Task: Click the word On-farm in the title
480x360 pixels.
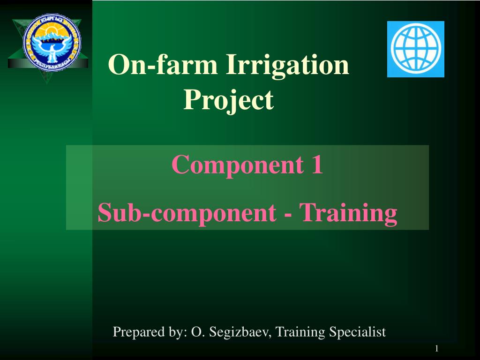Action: click(x=163, y=64)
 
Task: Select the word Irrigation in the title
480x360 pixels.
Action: click(x=287, y=66)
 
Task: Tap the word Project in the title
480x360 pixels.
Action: click(x=228, y=100)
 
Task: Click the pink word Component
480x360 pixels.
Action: click(x=238, y=165)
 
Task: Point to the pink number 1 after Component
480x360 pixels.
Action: click(x=317, y=164)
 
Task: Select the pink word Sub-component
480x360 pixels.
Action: click(x=187, y=213)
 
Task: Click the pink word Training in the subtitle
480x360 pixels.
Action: click(x=348, y=214)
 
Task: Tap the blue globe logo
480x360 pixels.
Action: click(x=416, y=49)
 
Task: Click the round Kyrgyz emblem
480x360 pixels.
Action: click(x=52, y=42)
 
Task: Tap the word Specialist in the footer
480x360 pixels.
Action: click(x=358, y=332)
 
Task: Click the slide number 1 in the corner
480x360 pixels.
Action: click(x=437, y=348)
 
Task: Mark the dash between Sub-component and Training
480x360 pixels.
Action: click(x=288, y=215)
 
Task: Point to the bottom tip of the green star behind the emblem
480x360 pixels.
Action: click(x=47, y=84)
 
